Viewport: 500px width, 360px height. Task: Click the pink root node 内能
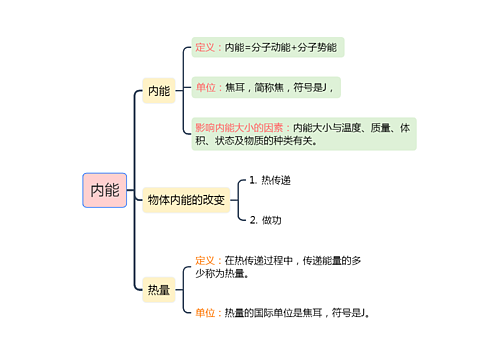click(x=104, y=189)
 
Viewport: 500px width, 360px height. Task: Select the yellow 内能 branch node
click(x=159, y=91)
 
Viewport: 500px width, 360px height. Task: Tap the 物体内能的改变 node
click(x=185, y=200)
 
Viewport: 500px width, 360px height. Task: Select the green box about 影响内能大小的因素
click(x=303, y=134)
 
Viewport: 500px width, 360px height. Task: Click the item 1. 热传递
click(x=270, y=181)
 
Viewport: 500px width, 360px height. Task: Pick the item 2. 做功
click(x=266, y=220)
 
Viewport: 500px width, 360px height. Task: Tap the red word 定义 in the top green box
click(x=208, y=48)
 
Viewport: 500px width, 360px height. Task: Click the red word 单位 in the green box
click(x=208, y=88)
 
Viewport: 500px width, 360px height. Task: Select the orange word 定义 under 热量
click(x=208, y=261)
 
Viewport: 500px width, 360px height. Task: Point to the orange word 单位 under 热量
click(x=208, y=312)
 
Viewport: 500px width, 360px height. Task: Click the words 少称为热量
click(x=222, y=273)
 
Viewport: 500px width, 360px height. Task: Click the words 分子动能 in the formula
click(x=269, y=48)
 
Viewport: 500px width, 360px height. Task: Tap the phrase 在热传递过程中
click(x=258, y=261)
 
